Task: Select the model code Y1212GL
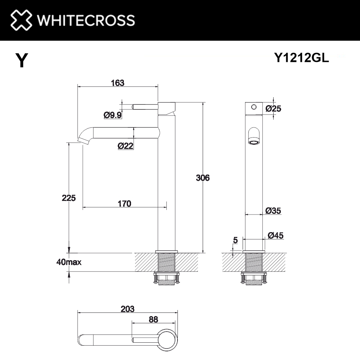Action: click(301, 58)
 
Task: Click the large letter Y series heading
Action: click(22, 60)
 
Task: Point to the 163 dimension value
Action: click(117, 83)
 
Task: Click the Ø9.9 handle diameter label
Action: click(112, 115)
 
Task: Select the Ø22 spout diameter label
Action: click(126, 146)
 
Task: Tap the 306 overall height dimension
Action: click(202, 177)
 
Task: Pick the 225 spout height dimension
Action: click(68, 198)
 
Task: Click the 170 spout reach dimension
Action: click(124, 204)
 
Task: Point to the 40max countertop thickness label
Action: click(69, 262)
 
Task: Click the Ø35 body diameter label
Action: click(273, 211)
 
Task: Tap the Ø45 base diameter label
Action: click(276, 235)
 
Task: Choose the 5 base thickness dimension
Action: click(235, 240)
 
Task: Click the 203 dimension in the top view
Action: click(127, 309)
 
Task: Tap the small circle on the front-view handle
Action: click(254, 107)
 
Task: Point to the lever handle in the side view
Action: click(145, 107)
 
